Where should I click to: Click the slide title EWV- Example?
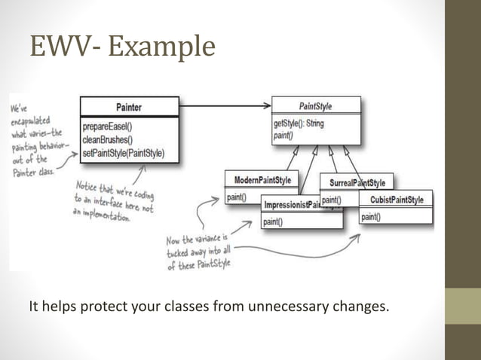point(122,46)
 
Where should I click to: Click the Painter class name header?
point(129,107)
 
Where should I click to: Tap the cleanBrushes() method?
point(108,139)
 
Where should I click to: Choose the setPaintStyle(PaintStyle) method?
point(123,154)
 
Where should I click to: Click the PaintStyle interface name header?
point(315,106)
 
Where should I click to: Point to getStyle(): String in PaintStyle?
point(300,124)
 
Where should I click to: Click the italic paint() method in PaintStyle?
point(284,136)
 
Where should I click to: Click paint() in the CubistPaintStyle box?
point(371,217)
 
